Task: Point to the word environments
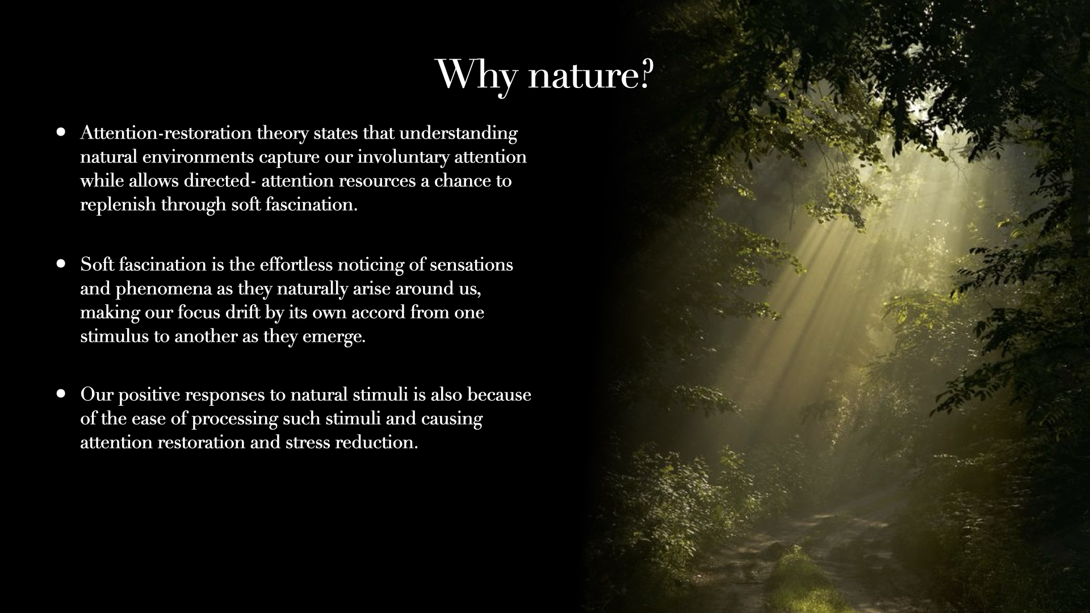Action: point(198,157)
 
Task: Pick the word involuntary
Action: point(403,157)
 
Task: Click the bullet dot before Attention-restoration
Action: point(61,132)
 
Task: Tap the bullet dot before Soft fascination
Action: point(61,264)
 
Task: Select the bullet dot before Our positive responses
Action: point(61,393)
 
